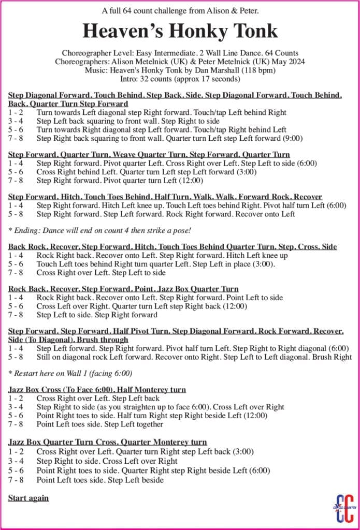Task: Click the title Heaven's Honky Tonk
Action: coord(180,31)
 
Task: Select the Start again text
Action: coord(28,498)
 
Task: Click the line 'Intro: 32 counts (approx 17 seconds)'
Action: coord(180,79)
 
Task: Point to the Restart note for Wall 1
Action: coord(70,373)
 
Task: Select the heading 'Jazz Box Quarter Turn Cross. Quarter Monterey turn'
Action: coord(108,442)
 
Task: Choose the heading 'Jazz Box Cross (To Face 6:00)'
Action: coord(97,389)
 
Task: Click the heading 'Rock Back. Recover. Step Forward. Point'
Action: coord(123,289)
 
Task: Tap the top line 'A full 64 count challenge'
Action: coord(180,10)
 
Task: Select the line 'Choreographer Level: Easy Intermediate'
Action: coord(180,53)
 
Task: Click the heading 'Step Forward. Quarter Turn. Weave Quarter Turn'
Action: coord(149,154)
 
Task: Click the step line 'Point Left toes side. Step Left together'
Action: coord(99,424)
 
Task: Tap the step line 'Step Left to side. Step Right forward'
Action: coord(97,314)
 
